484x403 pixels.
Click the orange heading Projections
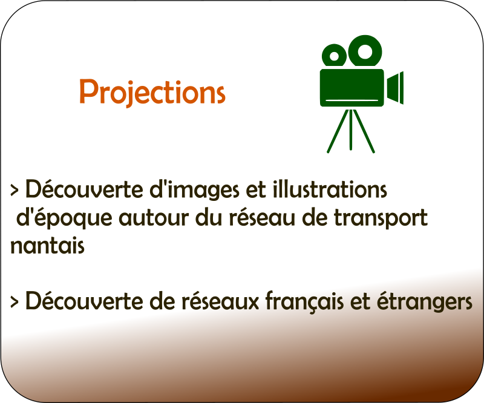[x=152, y=92]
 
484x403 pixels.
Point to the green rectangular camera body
[x=352, y=88]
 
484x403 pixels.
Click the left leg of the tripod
[x=338, y=131]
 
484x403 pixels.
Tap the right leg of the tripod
[x=364, y=131]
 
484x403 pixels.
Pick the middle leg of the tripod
[x=351, y=129]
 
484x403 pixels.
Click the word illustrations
[x=330, y=189]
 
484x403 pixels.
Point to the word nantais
[x=47, y=246]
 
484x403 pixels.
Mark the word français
[x=304, y=301]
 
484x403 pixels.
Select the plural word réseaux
[x=220, y=301]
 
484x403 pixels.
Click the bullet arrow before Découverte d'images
[x=14, y=191]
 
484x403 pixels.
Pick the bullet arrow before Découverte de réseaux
[x=14, y=302]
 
